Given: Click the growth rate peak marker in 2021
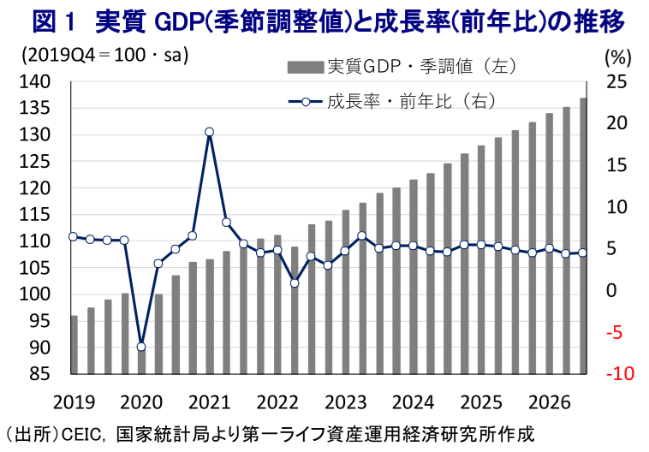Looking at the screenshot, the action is (x=210, y=132).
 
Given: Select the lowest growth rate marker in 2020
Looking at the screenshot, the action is (x=141, y=347).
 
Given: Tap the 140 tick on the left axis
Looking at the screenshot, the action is (x=35, y=82).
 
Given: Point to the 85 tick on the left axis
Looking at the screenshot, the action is (x=39, y=374).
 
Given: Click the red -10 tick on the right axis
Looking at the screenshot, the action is (x=620, y=373).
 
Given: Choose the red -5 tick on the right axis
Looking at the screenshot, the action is (x=615, y=332).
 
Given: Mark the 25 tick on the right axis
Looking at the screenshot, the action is (x=616, y=82).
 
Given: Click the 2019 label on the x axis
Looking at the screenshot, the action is (x=74, y=402).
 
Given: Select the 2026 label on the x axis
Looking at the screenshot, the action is (x=550, y=402).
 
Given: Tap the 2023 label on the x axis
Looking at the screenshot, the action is (x=346, y=402).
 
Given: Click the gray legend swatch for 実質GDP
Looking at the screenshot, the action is (x=306, y=67).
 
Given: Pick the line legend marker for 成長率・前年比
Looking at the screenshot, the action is (x=306, y=102).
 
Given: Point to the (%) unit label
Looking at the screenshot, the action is (x=618, y=57).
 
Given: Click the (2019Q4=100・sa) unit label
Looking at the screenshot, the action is (x=105, y=55).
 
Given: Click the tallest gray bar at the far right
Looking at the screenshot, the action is (x=583, y=236).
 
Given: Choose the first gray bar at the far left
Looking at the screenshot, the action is (x=74, y=345).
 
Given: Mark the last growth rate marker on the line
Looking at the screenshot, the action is (x=582, y=253).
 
